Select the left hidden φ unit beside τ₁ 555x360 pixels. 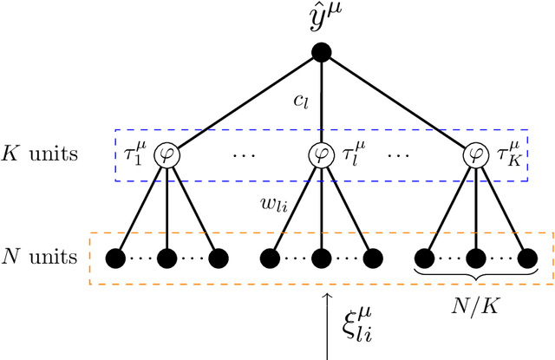[x=166, y=155]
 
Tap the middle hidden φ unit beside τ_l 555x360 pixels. [x=322, y=155]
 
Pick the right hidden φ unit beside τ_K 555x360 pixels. [x=477, y=155]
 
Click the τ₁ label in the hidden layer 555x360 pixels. [x=136, y=156]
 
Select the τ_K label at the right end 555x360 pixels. [x=508, y=156]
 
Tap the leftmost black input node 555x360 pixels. [x=113, y=258]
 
